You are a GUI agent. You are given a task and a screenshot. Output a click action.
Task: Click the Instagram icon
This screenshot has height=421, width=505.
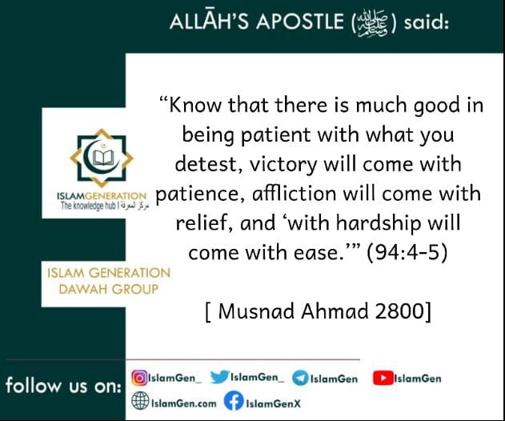point(139,378)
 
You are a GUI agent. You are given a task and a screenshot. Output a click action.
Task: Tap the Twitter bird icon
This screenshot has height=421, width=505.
point(219,377)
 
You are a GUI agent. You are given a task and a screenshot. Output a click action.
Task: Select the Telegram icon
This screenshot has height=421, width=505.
point(300,378)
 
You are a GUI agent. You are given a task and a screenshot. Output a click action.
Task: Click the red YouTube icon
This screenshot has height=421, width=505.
point(383,378)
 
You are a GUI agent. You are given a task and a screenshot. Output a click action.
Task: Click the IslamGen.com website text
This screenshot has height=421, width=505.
point(183,403)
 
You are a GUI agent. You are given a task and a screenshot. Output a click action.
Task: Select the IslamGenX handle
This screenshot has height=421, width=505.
point(273,403)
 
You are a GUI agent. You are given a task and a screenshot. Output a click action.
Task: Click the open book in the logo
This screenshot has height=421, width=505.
point(102,157)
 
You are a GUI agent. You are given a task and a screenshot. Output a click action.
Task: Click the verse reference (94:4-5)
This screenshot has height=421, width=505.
point(407,252)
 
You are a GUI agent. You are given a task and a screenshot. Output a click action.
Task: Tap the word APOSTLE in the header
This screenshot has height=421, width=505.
point(300,22)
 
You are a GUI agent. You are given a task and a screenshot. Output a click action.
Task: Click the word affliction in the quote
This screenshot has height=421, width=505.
point(294,194)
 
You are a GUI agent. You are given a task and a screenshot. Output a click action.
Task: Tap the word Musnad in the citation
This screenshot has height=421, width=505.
point(256,311)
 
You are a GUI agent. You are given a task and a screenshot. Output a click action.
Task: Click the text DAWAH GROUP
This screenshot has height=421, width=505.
point(109,289)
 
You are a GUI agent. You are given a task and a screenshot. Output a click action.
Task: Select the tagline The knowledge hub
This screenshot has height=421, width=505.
point(89,206)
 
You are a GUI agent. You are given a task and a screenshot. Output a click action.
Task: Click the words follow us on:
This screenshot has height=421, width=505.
point(63,385)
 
